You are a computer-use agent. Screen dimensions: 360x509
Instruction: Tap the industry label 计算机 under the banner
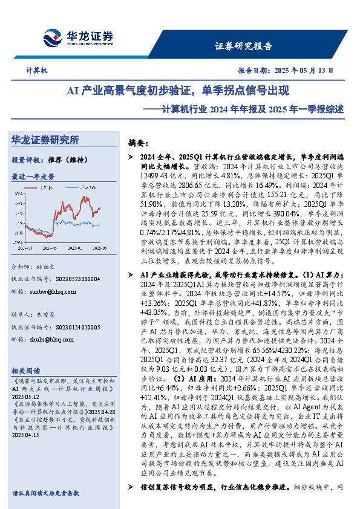(36, 71)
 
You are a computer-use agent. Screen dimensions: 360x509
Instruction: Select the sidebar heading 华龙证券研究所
(45, 140)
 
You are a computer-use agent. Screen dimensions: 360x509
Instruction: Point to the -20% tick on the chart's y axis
(19, 243)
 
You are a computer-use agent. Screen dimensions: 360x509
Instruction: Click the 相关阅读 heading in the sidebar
(27, 370)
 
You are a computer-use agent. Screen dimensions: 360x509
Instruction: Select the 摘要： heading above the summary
(138, 143)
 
